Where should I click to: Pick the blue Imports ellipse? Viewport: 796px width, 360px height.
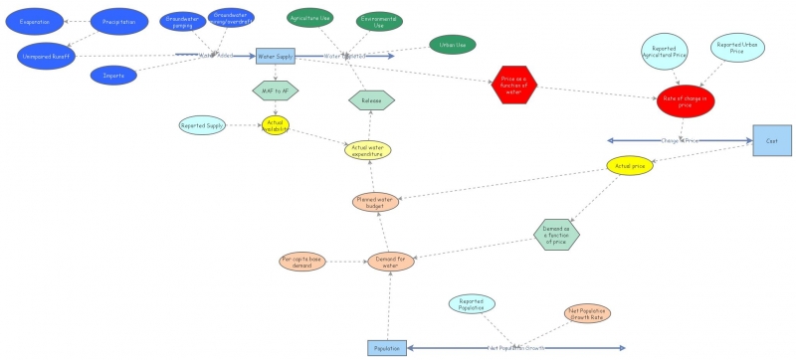tap(113, 75)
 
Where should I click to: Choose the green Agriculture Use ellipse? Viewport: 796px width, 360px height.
tap(309, 18)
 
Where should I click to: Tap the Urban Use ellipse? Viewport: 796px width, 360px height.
tap(453, 44)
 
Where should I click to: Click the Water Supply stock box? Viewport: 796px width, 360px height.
tap(275, 57)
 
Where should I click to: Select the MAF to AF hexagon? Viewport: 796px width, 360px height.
tap(276, 91)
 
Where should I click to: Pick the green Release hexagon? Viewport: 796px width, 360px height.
tap(371, 99)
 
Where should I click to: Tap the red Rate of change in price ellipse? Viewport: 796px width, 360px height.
tap(686, 100)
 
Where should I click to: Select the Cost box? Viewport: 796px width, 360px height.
tap(771, 141)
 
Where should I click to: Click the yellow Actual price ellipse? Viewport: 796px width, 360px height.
tap(630, 166)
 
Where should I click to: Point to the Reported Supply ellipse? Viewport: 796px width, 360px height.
tap(202, 125)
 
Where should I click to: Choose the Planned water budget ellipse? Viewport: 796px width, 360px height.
tap(375, 202)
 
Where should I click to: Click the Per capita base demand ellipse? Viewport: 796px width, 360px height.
tap(302, 261)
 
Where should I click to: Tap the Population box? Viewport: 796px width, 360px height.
tap(386, 348)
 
